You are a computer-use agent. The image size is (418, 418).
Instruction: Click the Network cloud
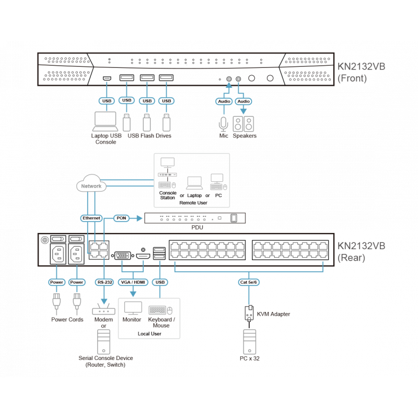point(91,185)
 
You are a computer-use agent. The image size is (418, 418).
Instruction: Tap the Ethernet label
point(91,217)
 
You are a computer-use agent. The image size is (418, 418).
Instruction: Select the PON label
point(121,217)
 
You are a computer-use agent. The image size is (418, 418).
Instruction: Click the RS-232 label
point(104,282)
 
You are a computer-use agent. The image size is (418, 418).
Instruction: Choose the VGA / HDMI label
point(134,282)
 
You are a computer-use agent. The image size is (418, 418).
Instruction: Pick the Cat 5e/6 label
point(248,282)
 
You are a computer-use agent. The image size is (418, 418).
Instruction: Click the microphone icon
point(224,123)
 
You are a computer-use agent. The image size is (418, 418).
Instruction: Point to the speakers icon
point(244,123)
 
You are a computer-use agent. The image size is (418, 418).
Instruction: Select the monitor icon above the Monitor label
point(131,308)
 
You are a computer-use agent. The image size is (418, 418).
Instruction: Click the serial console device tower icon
point(104,343)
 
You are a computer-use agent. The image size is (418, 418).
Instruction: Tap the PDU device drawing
point(195,218)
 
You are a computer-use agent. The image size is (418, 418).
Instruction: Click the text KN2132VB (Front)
point(361,73)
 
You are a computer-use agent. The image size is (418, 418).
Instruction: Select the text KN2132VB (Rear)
point(361,251)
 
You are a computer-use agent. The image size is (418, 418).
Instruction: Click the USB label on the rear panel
point(160,282)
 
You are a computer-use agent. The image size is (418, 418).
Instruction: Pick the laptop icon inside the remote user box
point(194,182)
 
